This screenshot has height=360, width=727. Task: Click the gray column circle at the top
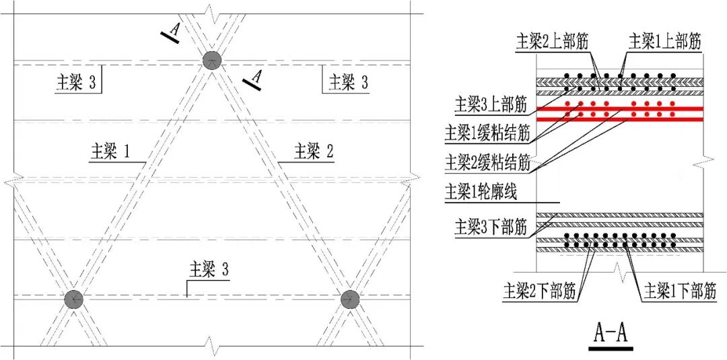(x=212, y=60)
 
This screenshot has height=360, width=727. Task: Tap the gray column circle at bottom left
(x=73, y=299)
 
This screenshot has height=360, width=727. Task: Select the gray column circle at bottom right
(x=349, y=299)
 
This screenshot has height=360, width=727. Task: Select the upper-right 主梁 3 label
(x=348, y=82)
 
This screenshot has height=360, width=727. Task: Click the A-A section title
(x=611, y=332)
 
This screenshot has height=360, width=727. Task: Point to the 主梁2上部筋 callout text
(x=552, y=41)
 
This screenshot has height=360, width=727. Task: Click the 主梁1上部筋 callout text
(x=664, y=41)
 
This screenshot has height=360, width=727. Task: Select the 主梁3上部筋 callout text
(x=491, y=104)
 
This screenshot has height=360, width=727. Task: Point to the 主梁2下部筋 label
(x=539, y=291)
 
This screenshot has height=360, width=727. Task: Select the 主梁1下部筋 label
(x=680, y=291)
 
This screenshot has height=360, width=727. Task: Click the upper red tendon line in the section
(x=619, y=109)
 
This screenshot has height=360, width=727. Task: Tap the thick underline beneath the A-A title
(x=611, y=349)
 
